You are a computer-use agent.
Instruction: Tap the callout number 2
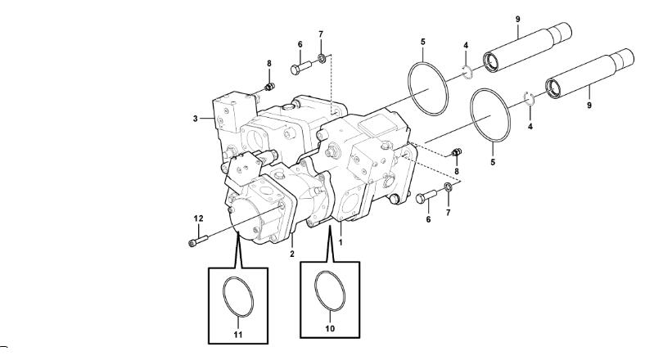tap(291, 254)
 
